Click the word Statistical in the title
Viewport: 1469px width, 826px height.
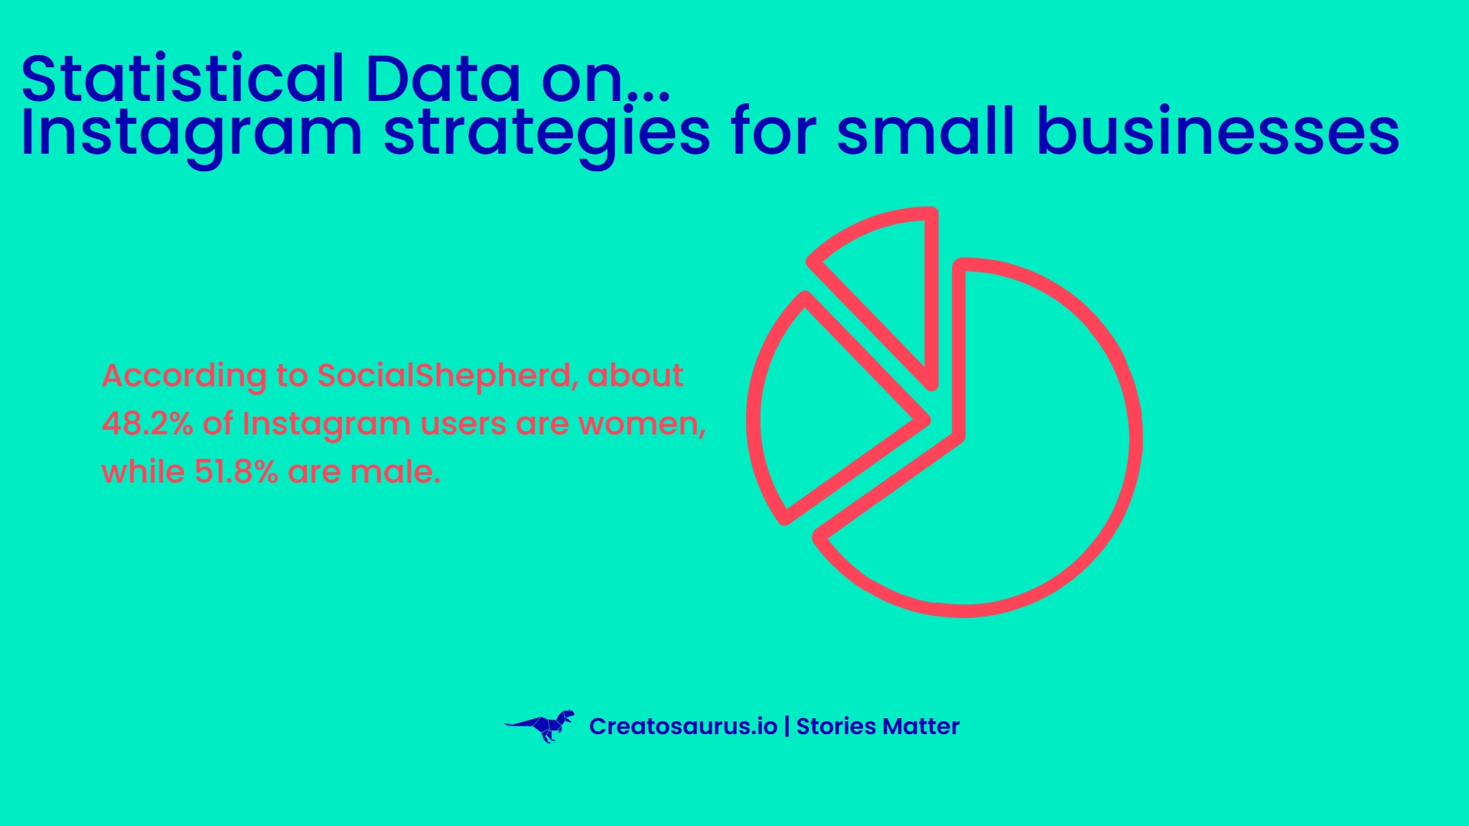pyautogui.click(x=183, y=78)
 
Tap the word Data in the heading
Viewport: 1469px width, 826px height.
pyautogui.click(x=444, y=78)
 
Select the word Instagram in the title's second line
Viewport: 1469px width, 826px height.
pyautogui.click(x=191, y=135)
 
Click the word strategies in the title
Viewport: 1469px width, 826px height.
pyautogui.click(x=547, y=135)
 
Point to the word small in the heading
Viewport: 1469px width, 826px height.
pyautogui.click(x=926, y=132)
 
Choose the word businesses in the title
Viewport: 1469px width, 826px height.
pyautogui.click(x=1218, y=132)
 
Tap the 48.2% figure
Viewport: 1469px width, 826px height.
pyautogui.click(x=148, y=423)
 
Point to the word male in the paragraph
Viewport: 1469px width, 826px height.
pyautogui.click(x=395, y=471)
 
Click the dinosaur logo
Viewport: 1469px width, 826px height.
pyautogui.click(x=540, y=726)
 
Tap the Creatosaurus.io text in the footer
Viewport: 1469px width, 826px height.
pyautogui.click(x=683, y=726)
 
